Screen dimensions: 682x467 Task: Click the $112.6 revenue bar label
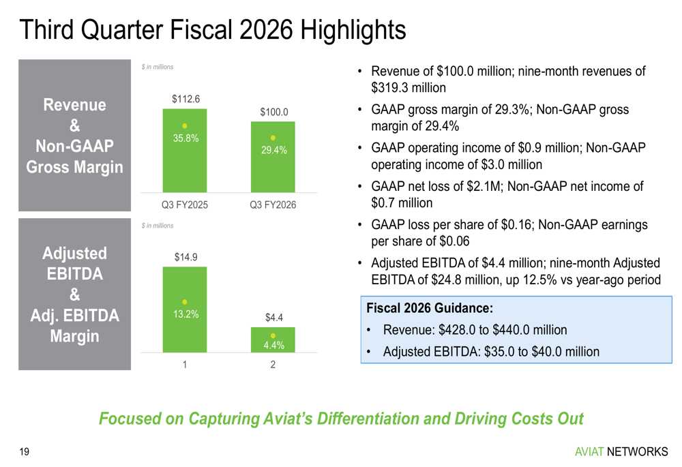pyautogui.click(x=186, y=99)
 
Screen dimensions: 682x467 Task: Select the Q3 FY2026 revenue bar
pyautogui.click(x=273, y=157)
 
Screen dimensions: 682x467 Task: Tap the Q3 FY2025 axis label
pyautogui.click(x=185, y=205)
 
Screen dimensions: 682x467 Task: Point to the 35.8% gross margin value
pyautogui.click(x=186, y=138)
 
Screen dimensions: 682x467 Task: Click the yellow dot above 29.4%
pyautogui.click(x=273, y=138)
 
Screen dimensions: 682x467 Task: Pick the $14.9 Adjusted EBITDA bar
pyautogui.click(x=185, y=309)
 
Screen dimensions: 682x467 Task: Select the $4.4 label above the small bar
pyautogui.click(x=274, y=318)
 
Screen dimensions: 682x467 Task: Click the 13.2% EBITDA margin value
pyautogui.click(x=186, y=314)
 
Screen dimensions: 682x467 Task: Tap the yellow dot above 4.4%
pyautogui.click(x=273, y=335)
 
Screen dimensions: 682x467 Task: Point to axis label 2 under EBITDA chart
pyautogui.click(x=273, y=364)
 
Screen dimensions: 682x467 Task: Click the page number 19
pyautogui.click(x=25, y=452)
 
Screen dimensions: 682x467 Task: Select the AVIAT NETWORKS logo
pyautogui.click(x=621, y=452)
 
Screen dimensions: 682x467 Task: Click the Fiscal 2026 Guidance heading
pyautogui.click(x=430, y=308)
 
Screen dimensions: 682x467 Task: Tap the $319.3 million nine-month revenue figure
pyautogui.click(x=409, y=87)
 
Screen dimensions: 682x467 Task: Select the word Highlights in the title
pyautogui.click(x=353, y=29)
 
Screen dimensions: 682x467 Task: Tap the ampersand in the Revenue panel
pyautogui.click(x=75, y=125)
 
